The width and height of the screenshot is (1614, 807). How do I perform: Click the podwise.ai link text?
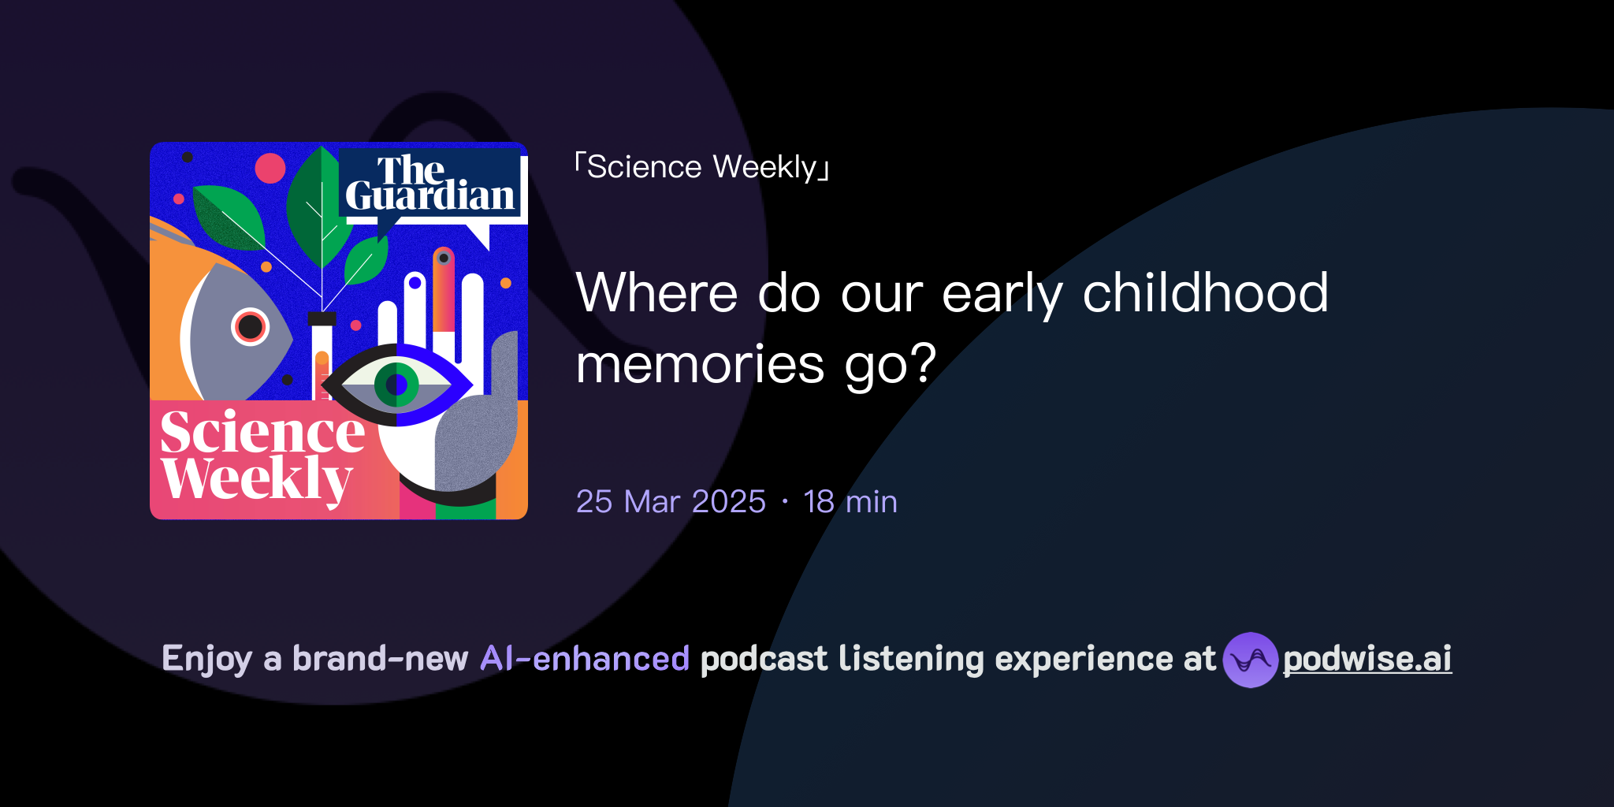1367,659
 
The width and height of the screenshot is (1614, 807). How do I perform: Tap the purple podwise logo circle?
1250,660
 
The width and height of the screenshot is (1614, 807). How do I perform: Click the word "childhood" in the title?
1205,293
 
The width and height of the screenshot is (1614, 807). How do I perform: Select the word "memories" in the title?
700,364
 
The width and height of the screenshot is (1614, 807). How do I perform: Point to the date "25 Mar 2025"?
671,501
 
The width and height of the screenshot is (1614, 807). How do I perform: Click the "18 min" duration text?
850,501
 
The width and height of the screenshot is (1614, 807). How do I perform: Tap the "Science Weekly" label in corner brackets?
701,167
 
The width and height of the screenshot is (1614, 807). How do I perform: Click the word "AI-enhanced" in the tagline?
585,659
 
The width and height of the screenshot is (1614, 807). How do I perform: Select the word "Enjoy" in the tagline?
206,659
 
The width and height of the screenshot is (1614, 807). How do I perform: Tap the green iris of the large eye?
396,385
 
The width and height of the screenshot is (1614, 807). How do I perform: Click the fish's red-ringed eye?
250,326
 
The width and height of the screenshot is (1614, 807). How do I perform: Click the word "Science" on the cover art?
262,433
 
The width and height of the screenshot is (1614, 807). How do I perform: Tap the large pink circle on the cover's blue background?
270,168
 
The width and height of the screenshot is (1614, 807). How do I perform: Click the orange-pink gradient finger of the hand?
444,292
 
